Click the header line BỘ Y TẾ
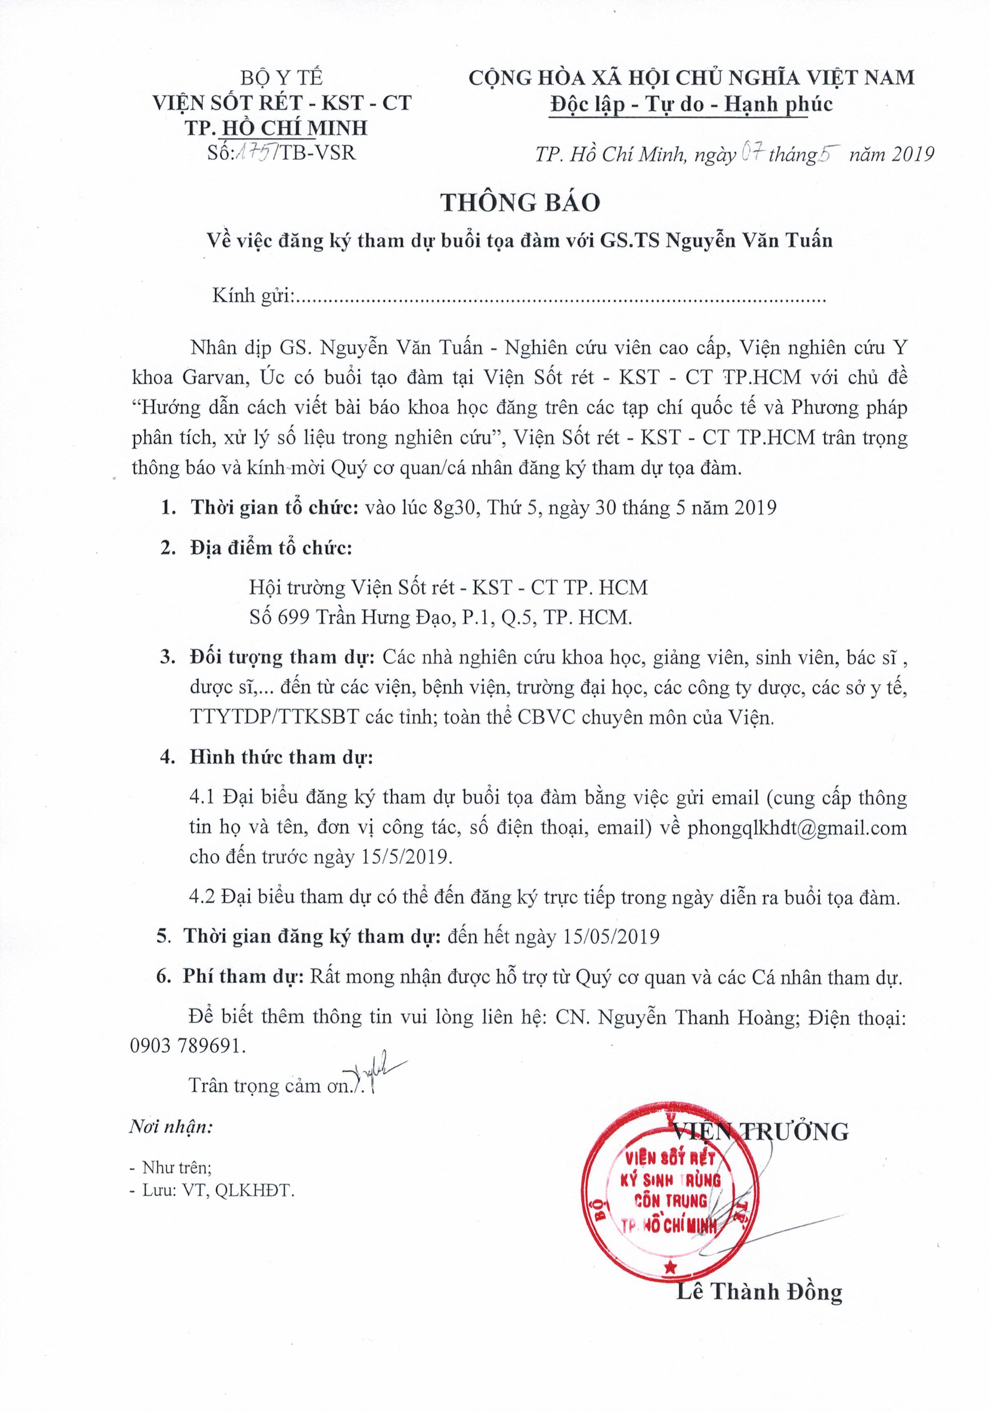point(281,78)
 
